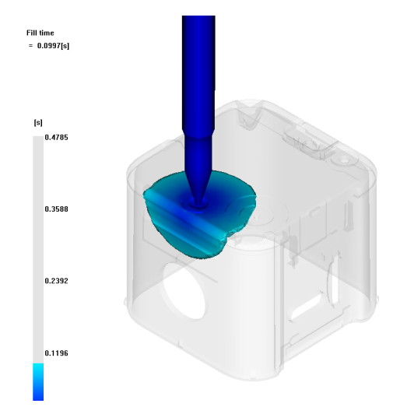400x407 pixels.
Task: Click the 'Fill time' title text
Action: [40, 33]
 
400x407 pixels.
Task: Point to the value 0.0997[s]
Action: [53, 46]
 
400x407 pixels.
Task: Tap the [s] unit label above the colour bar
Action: [38, 122]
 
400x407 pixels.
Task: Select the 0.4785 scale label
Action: [56, 137]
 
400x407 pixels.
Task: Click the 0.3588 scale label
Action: [56, 209]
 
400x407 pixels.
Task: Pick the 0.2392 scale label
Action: [56, 281]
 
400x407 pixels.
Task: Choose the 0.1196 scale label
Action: [56, 353]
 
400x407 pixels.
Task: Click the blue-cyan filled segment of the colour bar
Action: [38, 382]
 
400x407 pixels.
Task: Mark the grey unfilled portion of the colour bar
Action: [38, 250]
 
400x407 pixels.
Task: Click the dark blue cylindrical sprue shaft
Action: [198, 72]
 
